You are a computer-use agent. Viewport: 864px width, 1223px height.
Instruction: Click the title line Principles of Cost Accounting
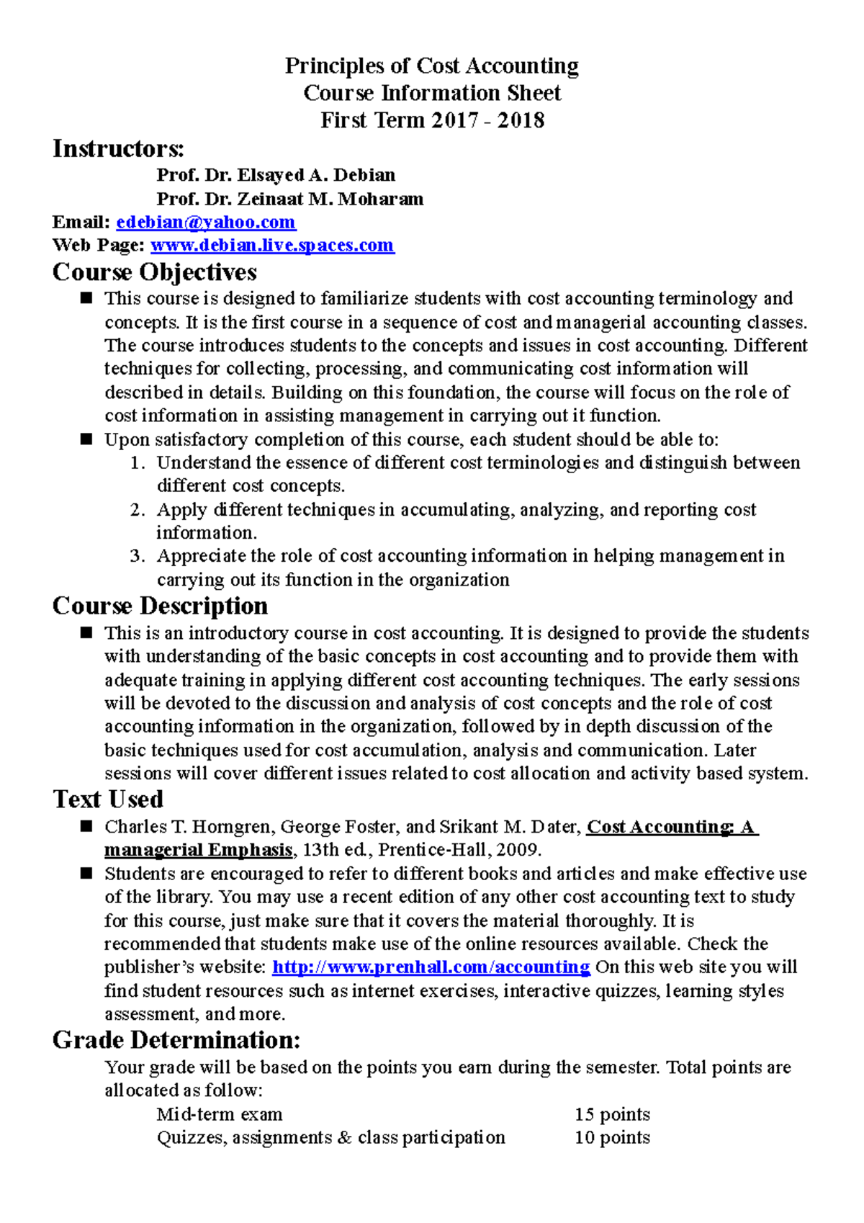pos(431,66)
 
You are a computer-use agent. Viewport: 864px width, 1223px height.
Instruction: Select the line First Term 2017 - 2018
pos(432,120)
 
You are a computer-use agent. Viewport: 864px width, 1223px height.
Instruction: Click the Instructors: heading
pos(118,149)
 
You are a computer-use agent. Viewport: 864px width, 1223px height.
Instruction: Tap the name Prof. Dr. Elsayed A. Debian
pos(276,175)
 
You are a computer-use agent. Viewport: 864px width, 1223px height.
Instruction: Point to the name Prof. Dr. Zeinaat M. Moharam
pos(289,199)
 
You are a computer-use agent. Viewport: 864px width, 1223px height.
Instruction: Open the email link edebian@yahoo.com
pos(206,222)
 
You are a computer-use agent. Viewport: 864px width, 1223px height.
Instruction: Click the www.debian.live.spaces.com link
pos(271,246)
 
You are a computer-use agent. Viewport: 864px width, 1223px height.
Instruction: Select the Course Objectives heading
pos(154,272)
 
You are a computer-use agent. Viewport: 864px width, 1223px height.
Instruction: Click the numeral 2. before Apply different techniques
pos(138,510)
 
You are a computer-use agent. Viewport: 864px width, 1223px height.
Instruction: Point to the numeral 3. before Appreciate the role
pos(138,556)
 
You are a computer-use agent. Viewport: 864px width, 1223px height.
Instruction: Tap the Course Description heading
pos(160,606)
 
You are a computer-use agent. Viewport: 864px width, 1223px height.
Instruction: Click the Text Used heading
pos(108,799)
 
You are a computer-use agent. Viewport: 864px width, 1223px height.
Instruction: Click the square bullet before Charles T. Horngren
pos(87,826)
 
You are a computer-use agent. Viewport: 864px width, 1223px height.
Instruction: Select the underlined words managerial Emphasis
pos(198,850)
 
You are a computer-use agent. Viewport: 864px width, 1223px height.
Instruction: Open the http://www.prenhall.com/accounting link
pos(431,967)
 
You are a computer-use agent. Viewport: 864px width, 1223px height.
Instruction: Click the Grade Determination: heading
pos(176,1040)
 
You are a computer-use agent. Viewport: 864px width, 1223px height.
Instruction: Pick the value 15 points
pos(612,1114)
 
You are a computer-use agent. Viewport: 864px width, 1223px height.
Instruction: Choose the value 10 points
pos(612,1138)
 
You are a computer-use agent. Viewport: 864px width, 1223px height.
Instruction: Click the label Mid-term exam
pos(220,1114)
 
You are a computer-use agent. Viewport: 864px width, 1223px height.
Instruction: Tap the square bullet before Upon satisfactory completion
pos(87,439)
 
